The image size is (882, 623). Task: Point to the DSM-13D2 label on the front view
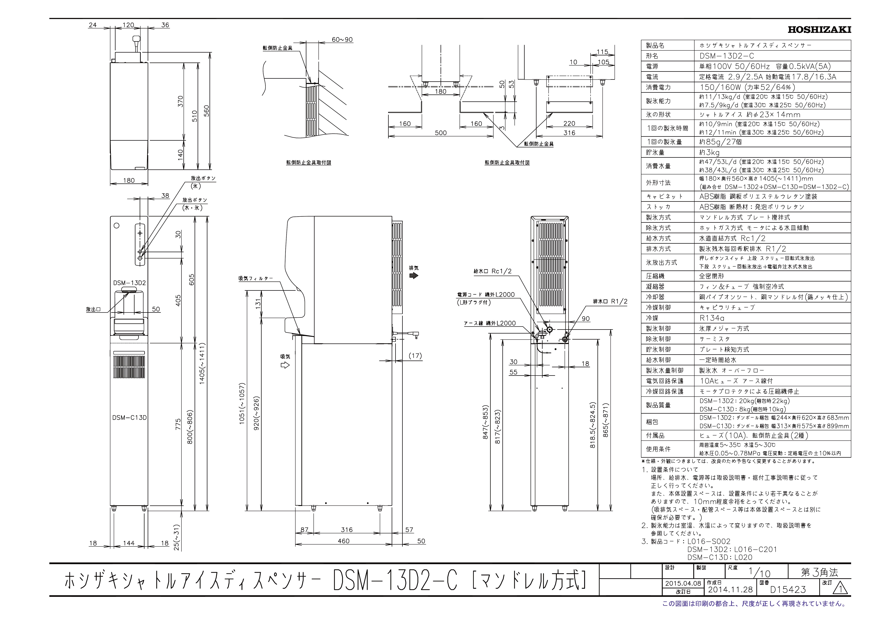[x=129, y=283]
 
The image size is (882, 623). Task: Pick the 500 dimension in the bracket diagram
[x=441, y=133]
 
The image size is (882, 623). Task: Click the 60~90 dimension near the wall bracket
[x=342, y=40]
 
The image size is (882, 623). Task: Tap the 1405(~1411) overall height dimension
[x=202, y=363]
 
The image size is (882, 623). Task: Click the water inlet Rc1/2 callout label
[x=492, y=271]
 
